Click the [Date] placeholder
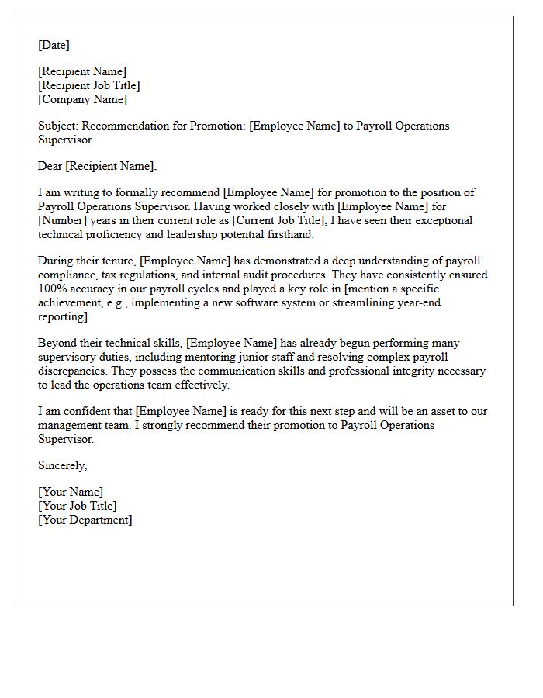click(54, 45)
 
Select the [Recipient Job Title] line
click(89, 85)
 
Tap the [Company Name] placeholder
click(83, 99)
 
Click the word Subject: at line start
click(58, 126)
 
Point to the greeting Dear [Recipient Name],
click(97, 165)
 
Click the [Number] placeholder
click(62, 220)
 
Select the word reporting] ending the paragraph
click(64, 317)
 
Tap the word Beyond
click(57, 343)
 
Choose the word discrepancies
click(71, 371)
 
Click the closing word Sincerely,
click(63, 465)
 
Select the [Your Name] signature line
click(71, 492)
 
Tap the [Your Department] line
click(85, 520)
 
